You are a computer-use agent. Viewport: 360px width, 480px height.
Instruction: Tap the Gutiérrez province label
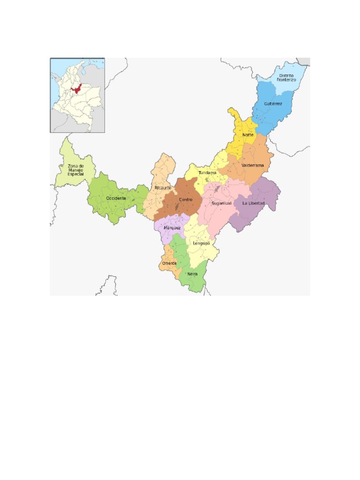273,104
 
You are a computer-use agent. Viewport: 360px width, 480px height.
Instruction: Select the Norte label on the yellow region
247,135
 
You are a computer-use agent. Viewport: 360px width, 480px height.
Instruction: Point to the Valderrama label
253,165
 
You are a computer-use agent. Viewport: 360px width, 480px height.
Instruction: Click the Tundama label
208,173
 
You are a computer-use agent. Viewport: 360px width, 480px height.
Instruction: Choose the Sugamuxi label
221,203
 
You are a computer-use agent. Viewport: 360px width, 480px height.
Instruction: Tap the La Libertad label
253,203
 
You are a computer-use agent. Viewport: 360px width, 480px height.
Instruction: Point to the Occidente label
116,198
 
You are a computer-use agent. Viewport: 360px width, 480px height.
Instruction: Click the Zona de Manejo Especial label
75,170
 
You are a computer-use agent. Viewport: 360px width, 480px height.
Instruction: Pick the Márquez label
172,227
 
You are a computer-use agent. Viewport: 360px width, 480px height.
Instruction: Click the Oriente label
169,263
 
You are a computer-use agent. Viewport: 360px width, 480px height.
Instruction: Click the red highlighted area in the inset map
75,89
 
